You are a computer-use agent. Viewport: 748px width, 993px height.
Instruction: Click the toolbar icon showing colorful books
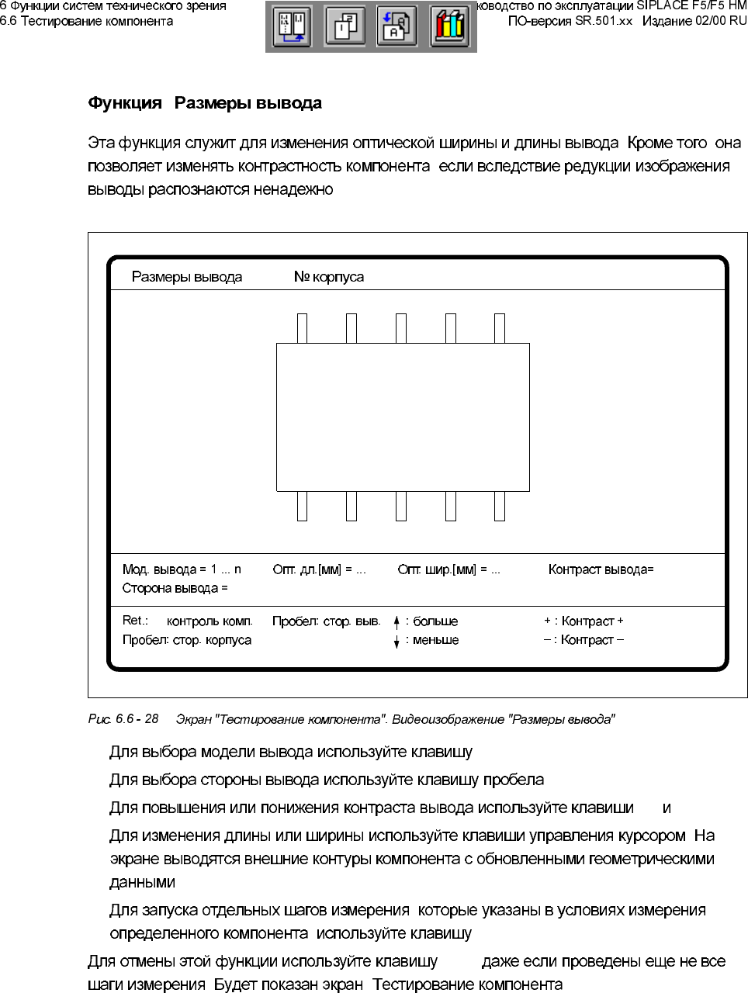449,26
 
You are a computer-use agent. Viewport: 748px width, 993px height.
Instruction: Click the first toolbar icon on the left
292,26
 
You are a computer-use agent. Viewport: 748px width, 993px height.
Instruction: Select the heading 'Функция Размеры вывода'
205,103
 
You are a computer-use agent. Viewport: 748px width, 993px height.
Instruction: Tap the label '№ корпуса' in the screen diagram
329,277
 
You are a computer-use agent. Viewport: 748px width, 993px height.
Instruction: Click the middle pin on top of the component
401,328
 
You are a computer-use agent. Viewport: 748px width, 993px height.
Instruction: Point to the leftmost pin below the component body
303,506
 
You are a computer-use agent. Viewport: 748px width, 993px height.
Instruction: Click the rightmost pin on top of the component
500,328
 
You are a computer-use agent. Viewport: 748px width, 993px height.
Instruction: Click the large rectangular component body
403,417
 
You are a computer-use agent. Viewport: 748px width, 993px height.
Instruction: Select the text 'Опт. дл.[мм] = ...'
319,569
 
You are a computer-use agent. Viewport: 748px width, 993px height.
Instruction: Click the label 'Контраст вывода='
601,569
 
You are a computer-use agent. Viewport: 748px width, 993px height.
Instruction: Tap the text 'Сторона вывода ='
175,588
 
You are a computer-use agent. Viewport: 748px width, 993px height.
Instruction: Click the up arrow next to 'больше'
397,621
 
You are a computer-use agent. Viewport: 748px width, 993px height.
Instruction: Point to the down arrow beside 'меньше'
397,641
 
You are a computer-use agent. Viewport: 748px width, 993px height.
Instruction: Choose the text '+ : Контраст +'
584,621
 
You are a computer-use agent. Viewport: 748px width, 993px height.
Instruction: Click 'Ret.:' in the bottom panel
135,620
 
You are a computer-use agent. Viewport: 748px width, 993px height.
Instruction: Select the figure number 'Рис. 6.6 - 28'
123,719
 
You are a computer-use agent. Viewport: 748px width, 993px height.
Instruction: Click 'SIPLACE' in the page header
661,5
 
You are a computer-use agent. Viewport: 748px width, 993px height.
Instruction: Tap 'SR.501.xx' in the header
604,21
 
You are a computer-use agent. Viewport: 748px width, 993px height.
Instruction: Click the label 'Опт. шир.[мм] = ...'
448,569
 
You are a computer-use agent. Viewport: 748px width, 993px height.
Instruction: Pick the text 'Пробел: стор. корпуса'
187,640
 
